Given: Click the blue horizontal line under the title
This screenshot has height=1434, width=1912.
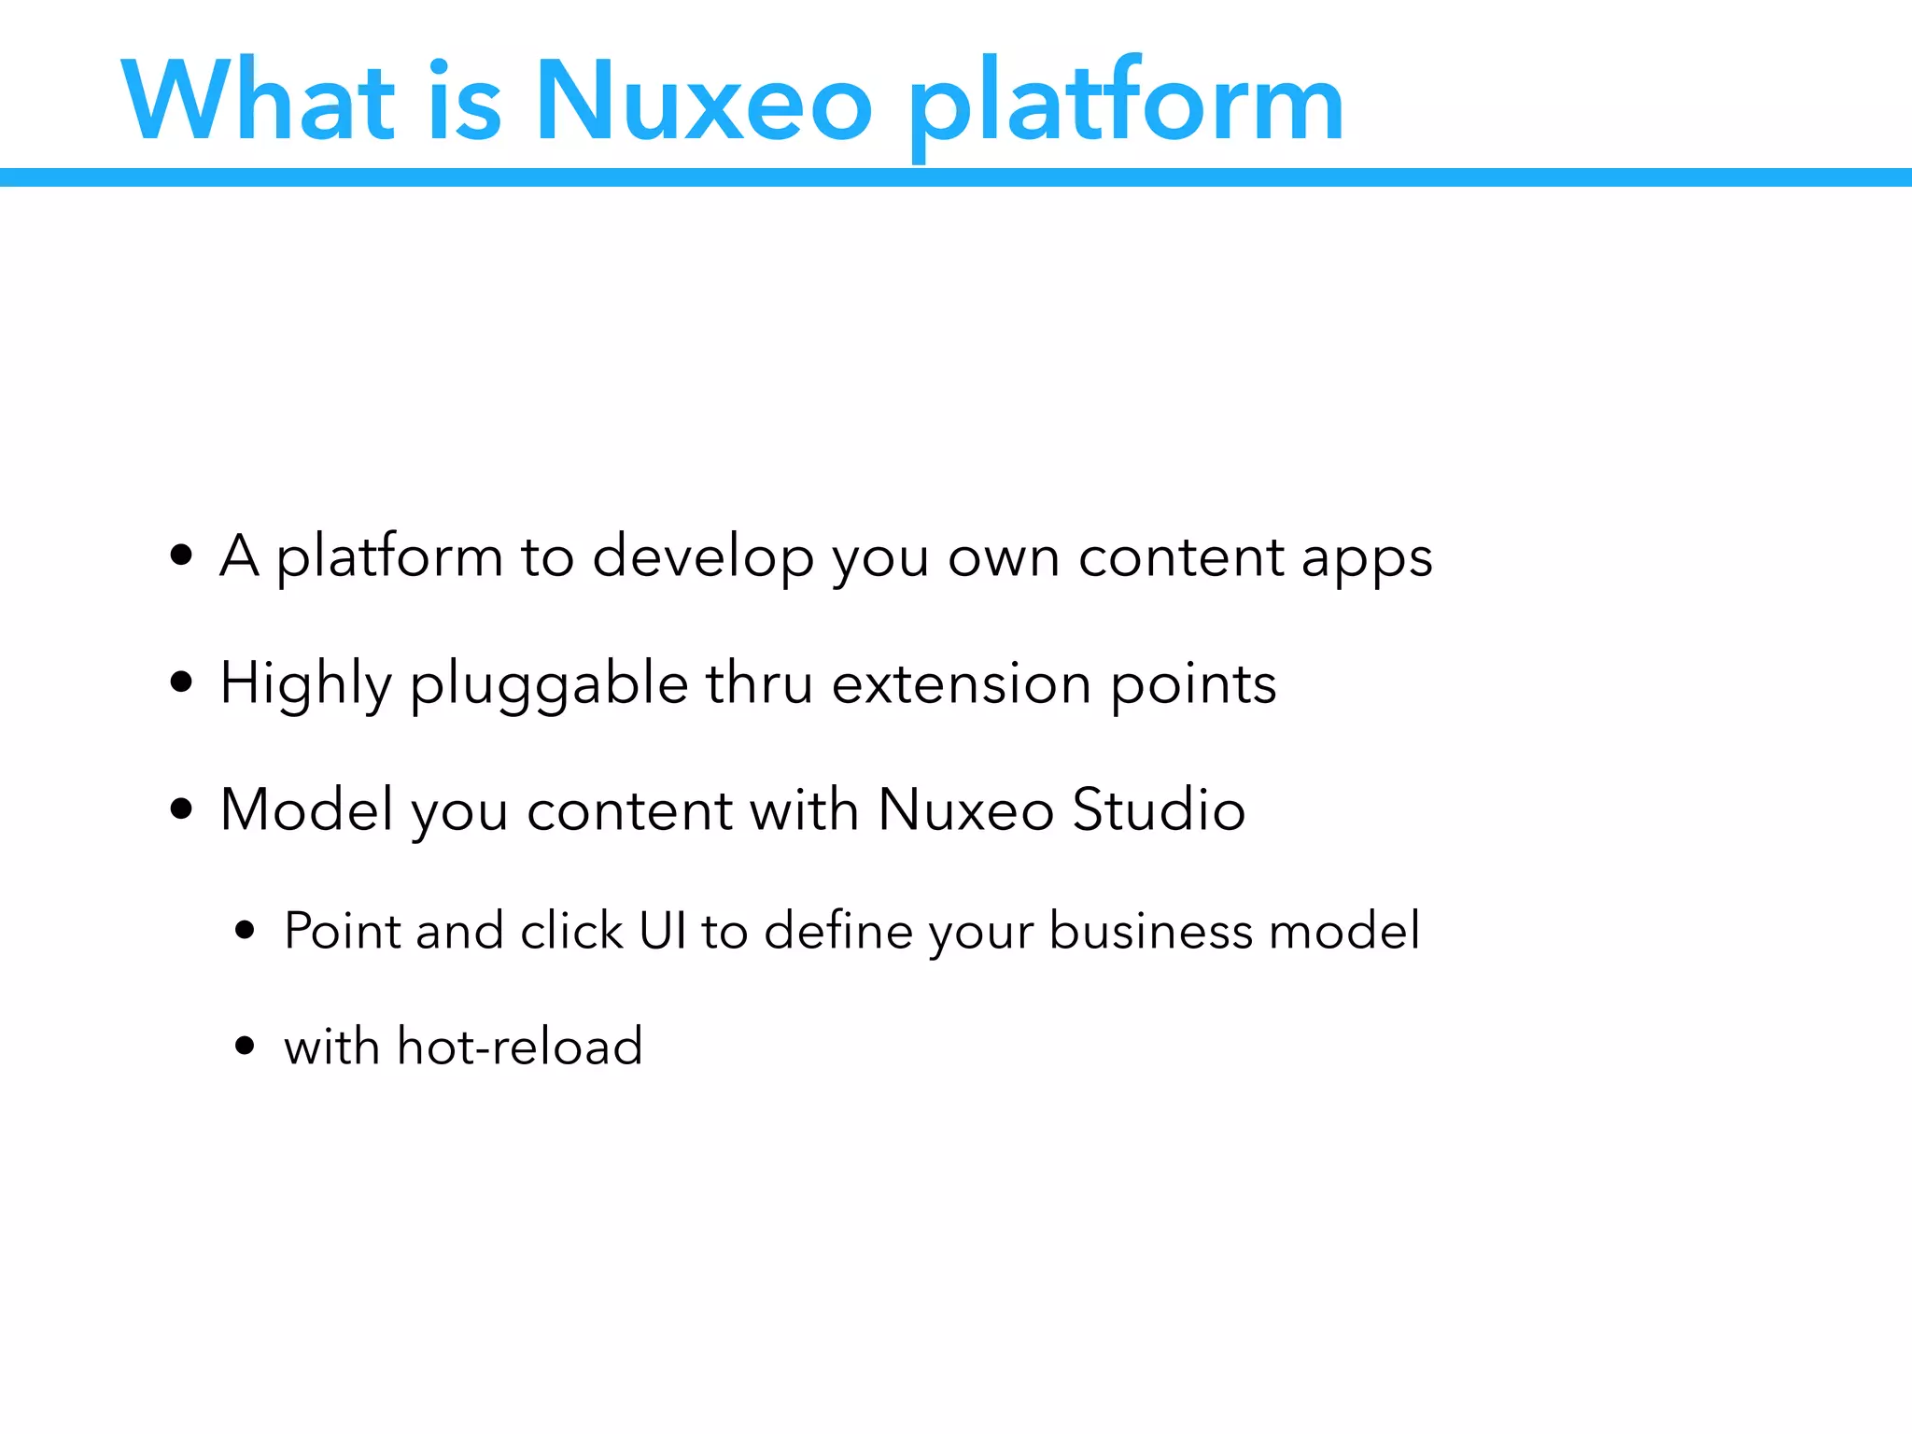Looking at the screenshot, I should tap(956, 177).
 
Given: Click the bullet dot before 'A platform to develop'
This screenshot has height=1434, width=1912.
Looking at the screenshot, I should tap(182, 555).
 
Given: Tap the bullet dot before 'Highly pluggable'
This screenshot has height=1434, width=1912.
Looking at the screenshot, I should tap(182, 682).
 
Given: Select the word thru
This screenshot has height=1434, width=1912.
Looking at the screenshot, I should tap(759, 682).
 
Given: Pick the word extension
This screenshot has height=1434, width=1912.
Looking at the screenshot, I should tap(962, 682).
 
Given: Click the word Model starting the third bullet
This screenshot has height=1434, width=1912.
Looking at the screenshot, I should tap(306, 808).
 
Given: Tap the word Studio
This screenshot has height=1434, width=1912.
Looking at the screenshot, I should tap(1159, 808).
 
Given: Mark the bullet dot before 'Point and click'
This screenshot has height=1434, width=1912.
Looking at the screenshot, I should tap(246, 930).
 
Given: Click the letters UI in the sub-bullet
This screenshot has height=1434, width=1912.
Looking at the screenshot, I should tap(663, 930).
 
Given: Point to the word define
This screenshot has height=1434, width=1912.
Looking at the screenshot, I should tap(837, 930).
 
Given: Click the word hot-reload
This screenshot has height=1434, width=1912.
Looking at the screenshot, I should tap(520, 1046).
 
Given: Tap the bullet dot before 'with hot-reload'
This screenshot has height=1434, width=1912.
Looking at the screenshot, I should tap(246, 1046).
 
